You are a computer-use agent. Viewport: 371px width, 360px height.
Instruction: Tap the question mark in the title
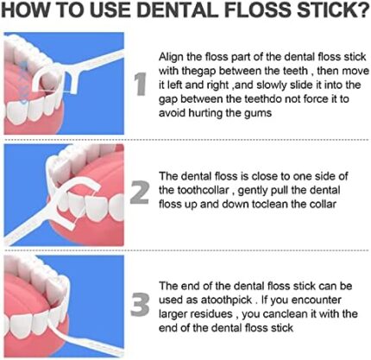(362, 10)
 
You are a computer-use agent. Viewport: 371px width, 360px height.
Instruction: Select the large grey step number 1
(141, 84)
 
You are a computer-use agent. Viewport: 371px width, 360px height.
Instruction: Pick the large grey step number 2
(140, 193)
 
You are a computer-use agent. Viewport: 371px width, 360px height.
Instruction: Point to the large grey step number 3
(140, 305)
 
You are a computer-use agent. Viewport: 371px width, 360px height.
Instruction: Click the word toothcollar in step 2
(203, 190)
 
